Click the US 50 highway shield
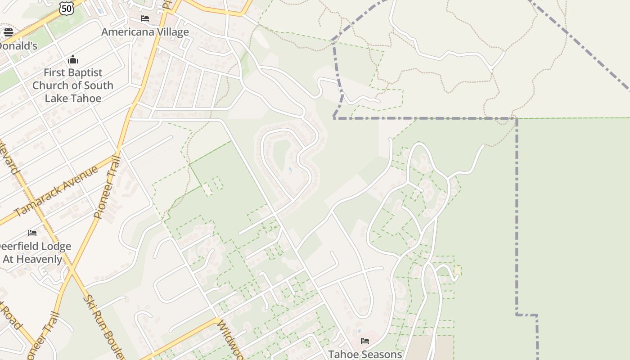pos(66,8)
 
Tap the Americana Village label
pos(145,32)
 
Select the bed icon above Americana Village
pos(145,18)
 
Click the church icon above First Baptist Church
pos(73,59)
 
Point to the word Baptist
pos(85,72)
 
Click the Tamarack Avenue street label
pos(56,191)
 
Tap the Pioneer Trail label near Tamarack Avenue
pos(107,187)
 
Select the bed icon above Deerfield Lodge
pos(32,233)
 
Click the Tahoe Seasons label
pos(365,354)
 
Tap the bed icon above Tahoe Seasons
pos(365,341)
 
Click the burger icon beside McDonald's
pos(8,32)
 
